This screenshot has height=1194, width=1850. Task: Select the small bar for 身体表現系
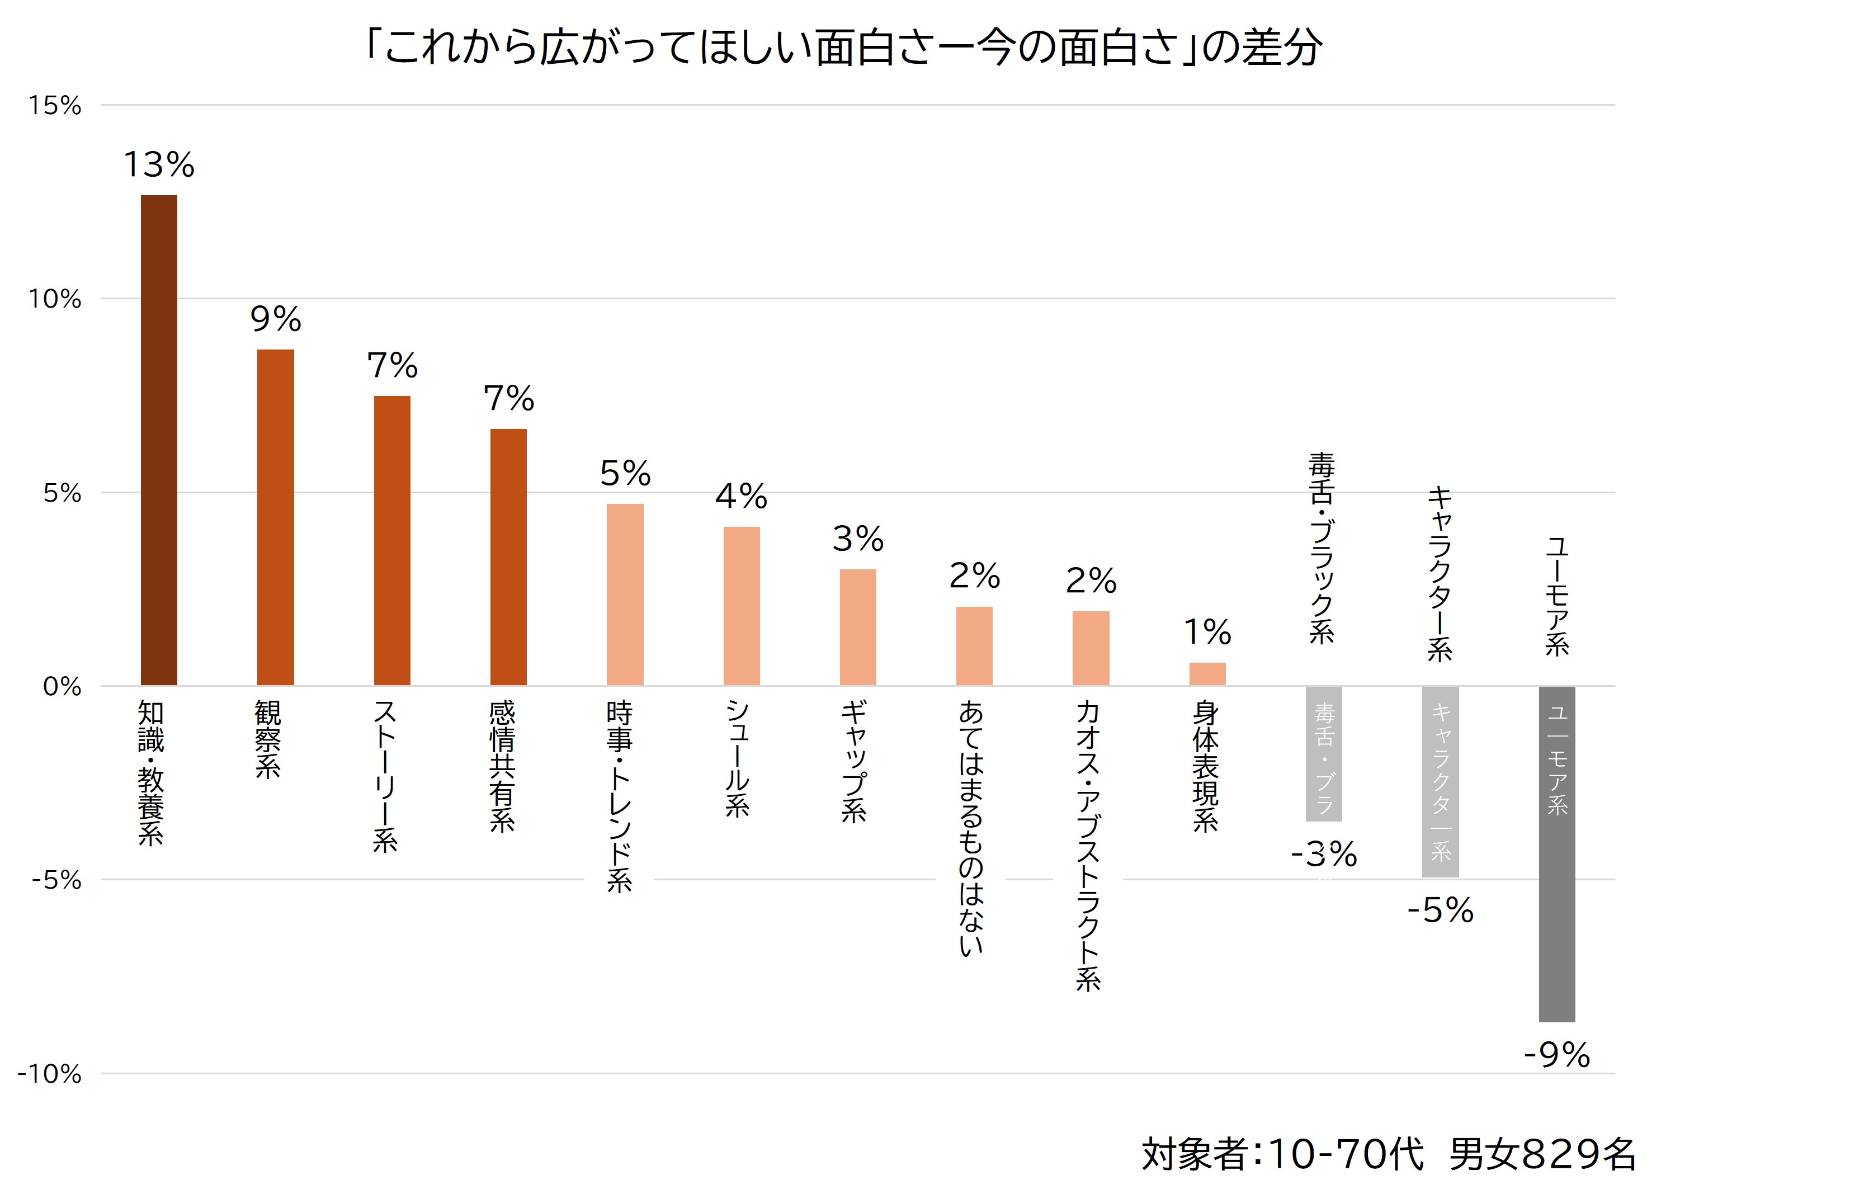point(1207,674)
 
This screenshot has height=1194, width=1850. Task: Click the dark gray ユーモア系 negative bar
point(1557,853)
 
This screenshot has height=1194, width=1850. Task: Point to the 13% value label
point(159,164)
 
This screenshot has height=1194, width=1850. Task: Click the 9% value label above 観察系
point(275,319)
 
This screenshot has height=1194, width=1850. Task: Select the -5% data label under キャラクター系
point(1441,910)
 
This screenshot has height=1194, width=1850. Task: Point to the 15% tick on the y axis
point(54,106)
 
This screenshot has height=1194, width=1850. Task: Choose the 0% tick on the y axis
point(62,686)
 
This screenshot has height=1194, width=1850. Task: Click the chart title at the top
point(843,48)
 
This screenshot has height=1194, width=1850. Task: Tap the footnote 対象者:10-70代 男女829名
point(1388,1154)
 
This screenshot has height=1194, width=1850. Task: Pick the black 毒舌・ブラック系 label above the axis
point(1322,548)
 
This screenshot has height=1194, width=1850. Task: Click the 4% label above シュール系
point(741,496)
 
